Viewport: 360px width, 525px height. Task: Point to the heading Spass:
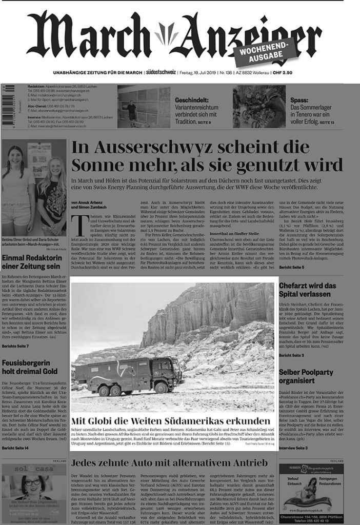tap(299, 100)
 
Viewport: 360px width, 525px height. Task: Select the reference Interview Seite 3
tap(293, 448)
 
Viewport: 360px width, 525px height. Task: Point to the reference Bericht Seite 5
tap(292, 268)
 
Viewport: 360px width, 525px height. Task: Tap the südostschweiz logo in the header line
tap(161, 73)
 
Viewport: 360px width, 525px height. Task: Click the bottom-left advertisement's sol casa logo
tap(34, 469)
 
